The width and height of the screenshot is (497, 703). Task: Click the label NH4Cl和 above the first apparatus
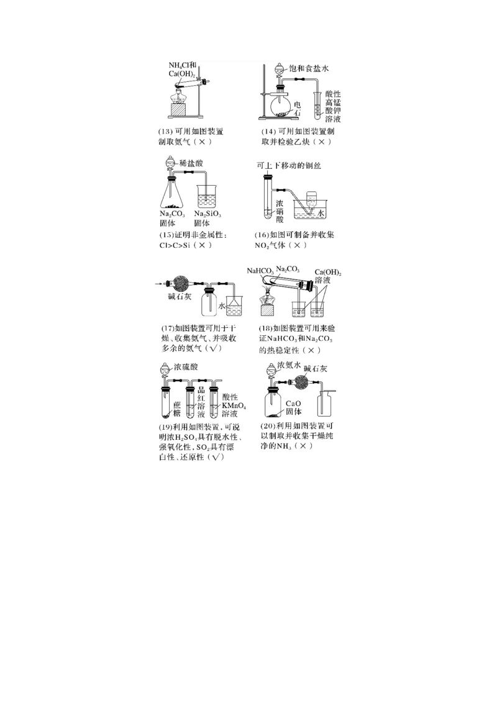[182, 65]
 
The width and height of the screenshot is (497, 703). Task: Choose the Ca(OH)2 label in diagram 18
[329, 273]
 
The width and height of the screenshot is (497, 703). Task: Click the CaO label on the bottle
[294, 403]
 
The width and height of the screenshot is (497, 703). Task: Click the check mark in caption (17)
[215, 349]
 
